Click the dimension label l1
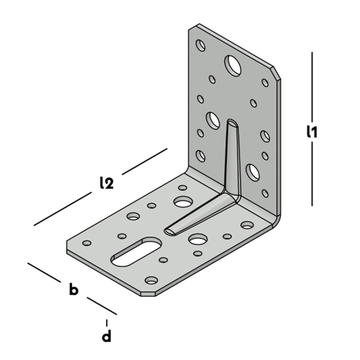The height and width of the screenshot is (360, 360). [x=312, y=132]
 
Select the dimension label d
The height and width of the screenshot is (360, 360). [x=107, y=337]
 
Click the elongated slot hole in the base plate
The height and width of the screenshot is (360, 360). [x=136, y=252]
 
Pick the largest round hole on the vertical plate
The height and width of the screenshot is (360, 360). [x=233, y=66]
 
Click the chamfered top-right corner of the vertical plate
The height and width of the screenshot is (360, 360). [x=276, y=73]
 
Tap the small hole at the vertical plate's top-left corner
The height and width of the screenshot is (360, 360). [x=201, y=45]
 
